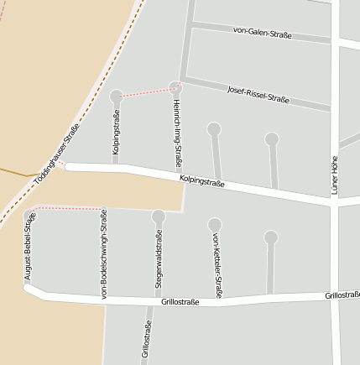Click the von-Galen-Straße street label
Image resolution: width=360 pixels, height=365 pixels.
pyautogui.click(x=263, y=34)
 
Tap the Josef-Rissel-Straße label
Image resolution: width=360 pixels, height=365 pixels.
pyautogui.click(x=258, y=94)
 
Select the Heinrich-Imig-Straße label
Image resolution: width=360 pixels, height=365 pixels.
pyautogui.click(x=177, y=133)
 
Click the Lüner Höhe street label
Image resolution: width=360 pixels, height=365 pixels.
pyautogui.click(x=335, y=175)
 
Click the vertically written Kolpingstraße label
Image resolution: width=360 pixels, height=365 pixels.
pyautogui.click(x=116, y=135)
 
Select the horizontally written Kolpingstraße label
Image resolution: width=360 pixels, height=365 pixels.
pyautogui.click(x=201, y=182)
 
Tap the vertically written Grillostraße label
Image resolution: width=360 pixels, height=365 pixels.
pyautogui.click(x=147, y=342)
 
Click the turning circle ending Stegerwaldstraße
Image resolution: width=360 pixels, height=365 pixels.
pyautogui.click(x=158, y=216)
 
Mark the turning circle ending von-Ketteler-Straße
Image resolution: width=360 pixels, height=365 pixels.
pyautogui.click(x=215, y=224)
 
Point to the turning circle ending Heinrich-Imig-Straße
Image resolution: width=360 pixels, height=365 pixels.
pyautogui.click(x=175, y=86)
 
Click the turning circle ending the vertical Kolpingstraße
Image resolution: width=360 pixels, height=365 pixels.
pyautogui.click(x=116, y=96)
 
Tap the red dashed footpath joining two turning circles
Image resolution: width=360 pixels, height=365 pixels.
pyautogui.click(x=145, y=91)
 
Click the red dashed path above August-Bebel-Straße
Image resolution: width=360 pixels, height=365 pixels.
pyautogui.click(x=67, y=207)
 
